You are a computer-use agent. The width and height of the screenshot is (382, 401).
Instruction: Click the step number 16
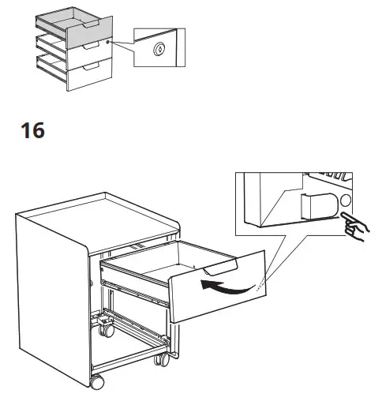point(33,130)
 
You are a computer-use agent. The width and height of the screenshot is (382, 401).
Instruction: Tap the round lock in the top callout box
point(160,49)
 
